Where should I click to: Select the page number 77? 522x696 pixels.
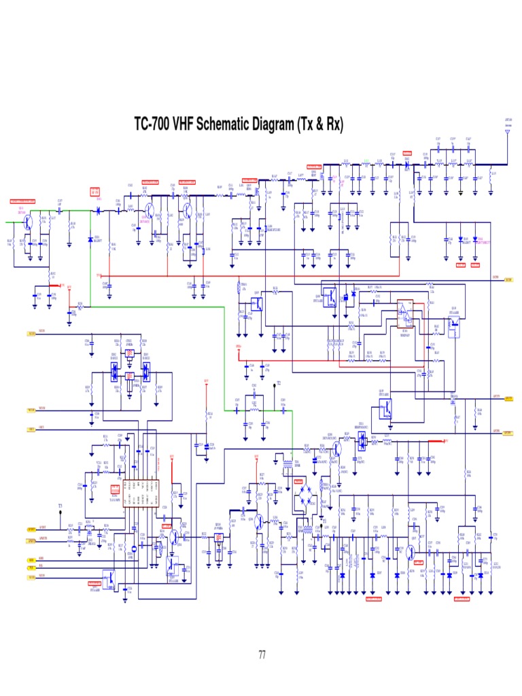tap(261, 655)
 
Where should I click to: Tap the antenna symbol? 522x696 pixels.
tap(507, 133)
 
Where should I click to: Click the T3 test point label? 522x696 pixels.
tap(60, 506)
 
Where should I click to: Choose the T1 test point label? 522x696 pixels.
tap(324, 522)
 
